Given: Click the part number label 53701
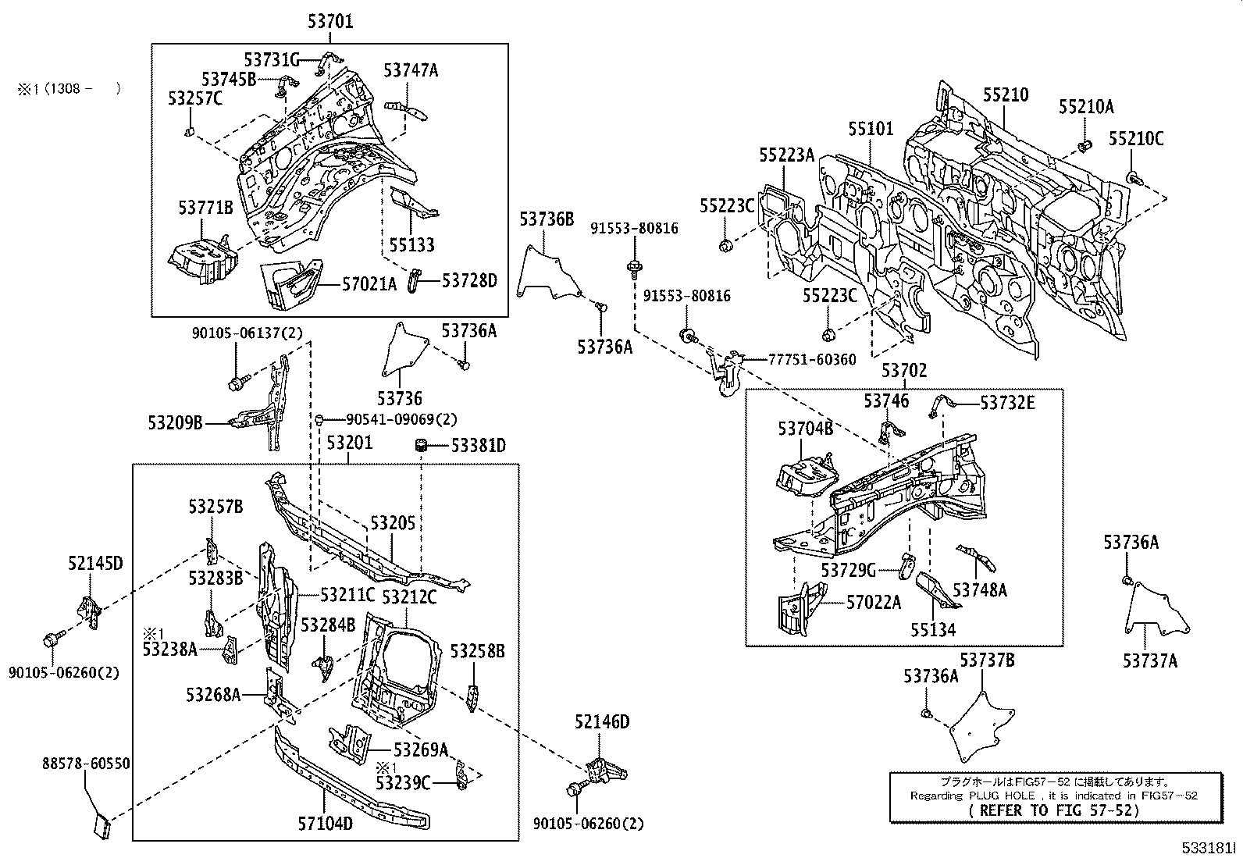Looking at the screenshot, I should [x=329, y=22].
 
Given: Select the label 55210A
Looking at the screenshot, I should [x=1086, y=108].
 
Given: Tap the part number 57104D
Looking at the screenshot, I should [x=324, y=823].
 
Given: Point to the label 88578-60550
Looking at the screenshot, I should [x=86, y=764].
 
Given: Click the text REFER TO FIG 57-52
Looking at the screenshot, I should [x=1053, y=810].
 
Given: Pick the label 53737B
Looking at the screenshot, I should [x=987, y=661].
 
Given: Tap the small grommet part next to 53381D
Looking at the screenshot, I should [x=422, y=445].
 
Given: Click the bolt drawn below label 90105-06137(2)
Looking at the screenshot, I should [x=237, y=383].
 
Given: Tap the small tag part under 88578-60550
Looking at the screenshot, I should [x=102, y=824].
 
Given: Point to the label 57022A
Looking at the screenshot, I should [x=874, y=603].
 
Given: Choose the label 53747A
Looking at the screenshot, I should [x=411, y=70].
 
